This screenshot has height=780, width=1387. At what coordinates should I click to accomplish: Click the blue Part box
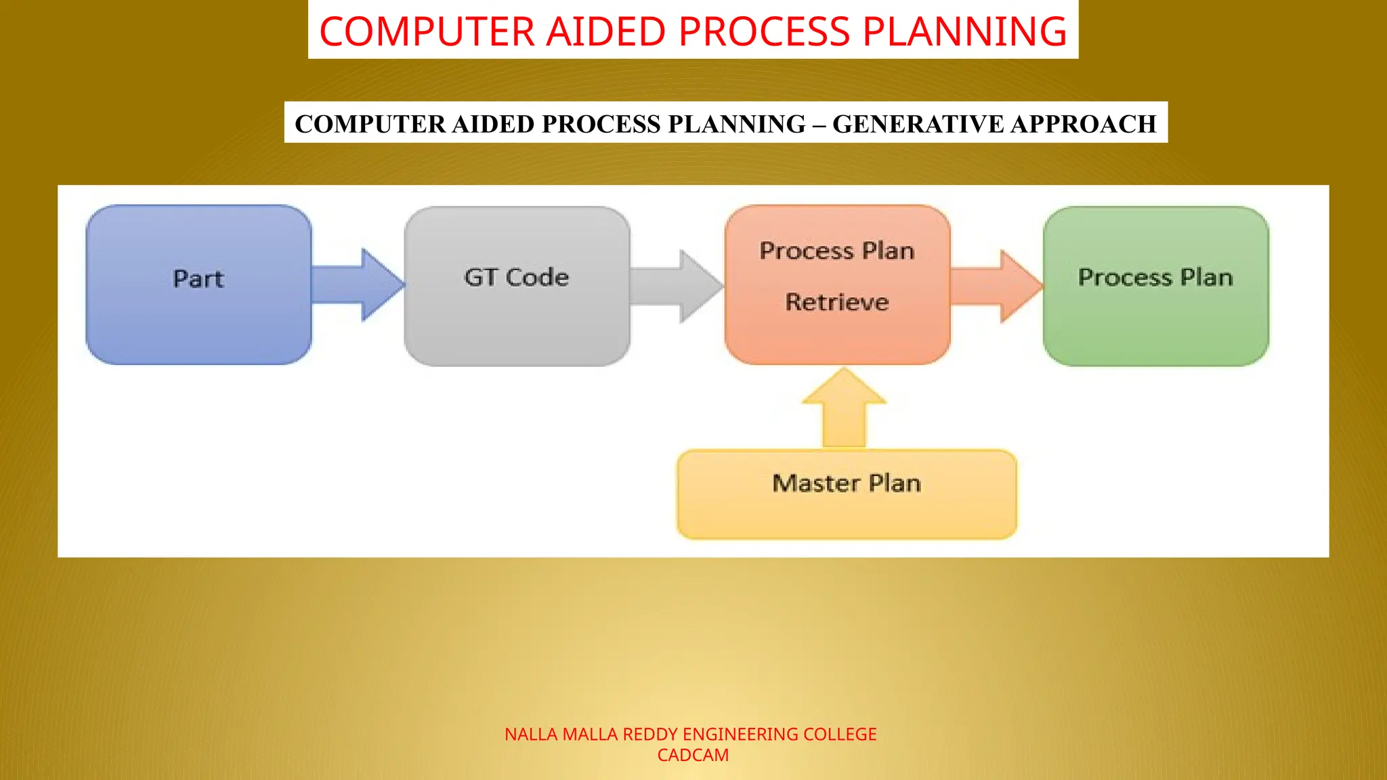click(198, 284)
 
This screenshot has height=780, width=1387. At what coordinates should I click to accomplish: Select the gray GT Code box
click(517, 286)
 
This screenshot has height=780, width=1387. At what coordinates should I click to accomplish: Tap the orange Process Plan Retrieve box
click(837, 284)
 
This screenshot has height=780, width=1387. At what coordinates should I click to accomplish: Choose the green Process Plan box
click(1155, 286)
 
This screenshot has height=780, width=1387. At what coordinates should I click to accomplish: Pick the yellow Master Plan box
click(847, 494)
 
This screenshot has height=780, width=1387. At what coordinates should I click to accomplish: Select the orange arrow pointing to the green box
click(996, 286)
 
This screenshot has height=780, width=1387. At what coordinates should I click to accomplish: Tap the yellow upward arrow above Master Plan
click(844, 410)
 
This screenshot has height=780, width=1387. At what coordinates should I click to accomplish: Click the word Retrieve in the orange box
click(837, 302)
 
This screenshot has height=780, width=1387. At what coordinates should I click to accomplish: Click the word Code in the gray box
click(537, 278)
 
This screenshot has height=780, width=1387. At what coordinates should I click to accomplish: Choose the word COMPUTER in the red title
click(427, 32)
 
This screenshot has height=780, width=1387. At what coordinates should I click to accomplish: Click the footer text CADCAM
click(693, 756)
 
